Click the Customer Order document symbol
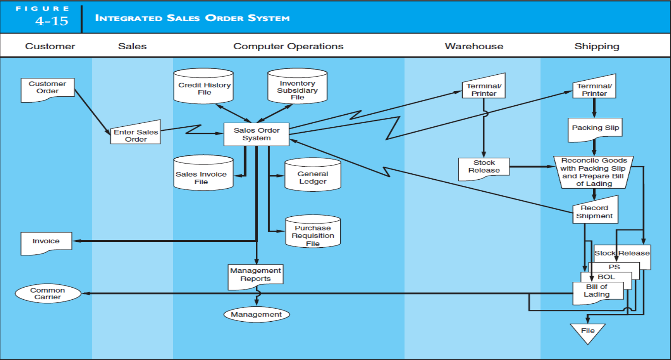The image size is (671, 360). pos(47,89)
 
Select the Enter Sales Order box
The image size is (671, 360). pos(136,135)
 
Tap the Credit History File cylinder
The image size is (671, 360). pos(203,89)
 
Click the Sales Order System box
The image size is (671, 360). pos(257,134)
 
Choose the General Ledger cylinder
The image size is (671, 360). pos(313,177)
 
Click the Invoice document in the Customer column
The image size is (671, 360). pos(46,242)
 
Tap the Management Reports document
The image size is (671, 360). pos(255,275)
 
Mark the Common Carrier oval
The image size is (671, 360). pos(48,293)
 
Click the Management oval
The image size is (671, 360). pos(257,315)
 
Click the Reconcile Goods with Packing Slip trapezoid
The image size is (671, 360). pos(594,172)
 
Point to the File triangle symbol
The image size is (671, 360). pos(587,331)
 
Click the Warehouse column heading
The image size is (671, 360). pos(474,46)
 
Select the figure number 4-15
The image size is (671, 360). pos(52,21)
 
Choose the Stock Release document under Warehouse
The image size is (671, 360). pos(484,167)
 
